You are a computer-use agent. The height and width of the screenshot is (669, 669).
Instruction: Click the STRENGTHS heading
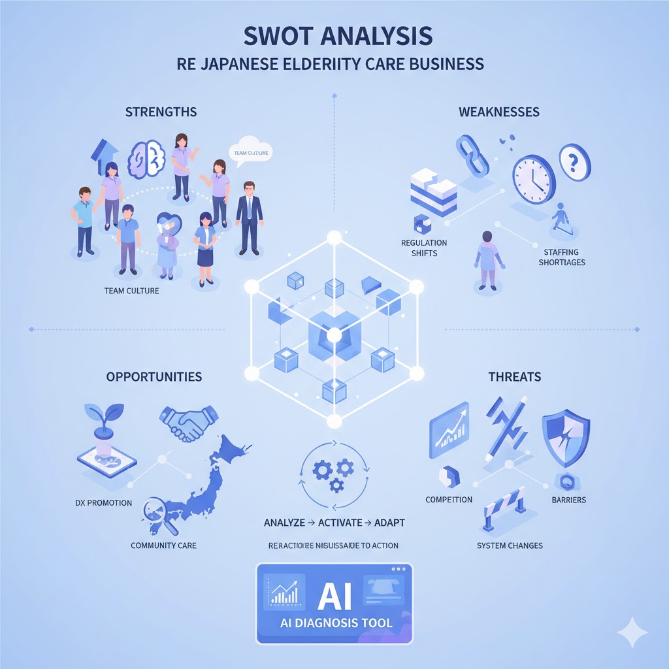pos(161,112)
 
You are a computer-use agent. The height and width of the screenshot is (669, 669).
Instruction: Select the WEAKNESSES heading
pos(499,112)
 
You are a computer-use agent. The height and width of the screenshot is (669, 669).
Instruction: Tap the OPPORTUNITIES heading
pos(155,377)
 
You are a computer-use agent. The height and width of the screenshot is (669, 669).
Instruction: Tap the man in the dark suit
pos(248,216)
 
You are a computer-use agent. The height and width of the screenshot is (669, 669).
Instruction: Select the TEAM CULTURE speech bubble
pos(252,151)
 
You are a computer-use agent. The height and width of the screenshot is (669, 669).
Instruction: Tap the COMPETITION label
pos(448,500)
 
